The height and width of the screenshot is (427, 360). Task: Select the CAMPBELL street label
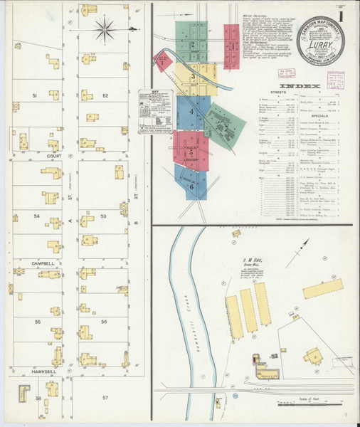coord(43,263)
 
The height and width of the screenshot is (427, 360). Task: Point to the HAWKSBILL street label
coord(43,371)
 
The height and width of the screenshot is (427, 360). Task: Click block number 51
coord(33,95)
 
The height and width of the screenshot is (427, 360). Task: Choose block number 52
coord(105,95)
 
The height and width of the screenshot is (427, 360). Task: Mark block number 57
coord(105,397)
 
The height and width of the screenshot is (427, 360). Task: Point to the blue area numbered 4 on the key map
coord(191,112)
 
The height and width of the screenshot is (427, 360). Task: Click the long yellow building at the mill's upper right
coord(322,288)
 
